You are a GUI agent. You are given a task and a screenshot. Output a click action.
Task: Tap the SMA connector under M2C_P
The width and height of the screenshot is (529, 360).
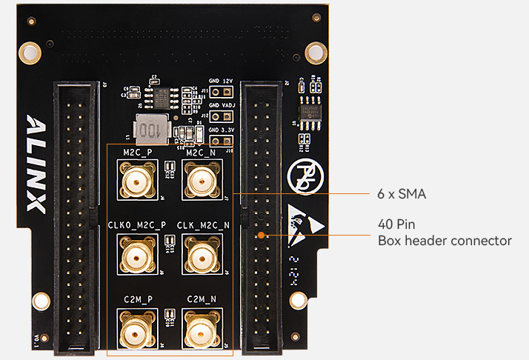coord(137,180)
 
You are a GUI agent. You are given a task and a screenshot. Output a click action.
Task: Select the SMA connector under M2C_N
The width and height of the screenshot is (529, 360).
coord(199,180)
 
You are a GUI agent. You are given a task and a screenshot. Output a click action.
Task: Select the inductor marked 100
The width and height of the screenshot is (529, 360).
coord(150,129)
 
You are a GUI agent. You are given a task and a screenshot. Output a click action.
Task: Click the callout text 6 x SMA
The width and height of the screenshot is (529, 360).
coord(402,194)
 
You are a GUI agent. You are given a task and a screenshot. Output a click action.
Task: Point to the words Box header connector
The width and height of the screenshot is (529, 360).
coord(445,241)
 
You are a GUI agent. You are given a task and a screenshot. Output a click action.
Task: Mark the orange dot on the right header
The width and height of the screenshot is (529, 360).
coord(261,236)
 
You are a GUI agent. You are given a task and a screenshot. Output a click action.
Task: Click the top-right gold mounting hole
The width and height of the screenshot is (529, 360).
coord(316,52)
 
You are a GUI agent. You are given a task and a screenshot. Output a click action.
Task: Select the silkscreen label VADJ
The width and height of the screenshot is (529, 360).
coord(229,106)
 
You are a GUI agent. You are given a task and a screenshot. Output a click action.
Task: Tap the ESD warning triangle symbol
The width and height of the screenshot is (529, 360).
coord(305,222)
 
